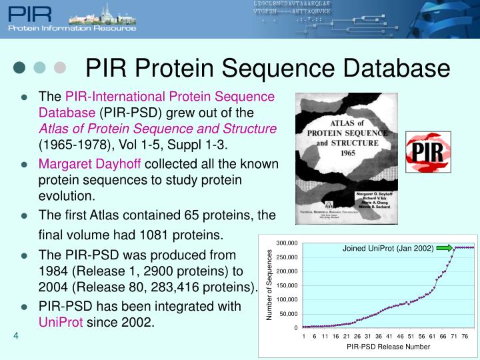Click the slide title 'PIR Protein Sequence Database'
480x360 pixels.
click(268, 67)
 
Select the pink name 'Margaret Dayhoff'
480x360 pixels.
click(90, 164)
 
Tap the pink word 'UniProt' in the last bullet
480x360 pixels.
click(61, 322)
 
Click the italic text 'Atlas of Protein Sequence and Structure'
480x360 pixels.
click(157, 128)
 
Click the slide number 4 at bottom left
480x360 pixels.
click(15, 335)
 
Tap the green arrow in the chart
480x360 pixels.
click(445, 248)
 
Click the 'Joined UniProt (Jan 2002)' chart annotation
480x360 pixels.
click(387, 248)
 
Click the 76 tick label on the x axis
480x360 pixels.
click(465, 336)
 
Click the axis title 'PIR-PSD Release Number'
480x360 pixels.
click(388, 347)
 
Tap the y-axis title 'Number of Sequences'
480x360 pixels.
click(270, 285)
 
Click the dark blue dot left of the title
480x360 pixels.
click(20, 67)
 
